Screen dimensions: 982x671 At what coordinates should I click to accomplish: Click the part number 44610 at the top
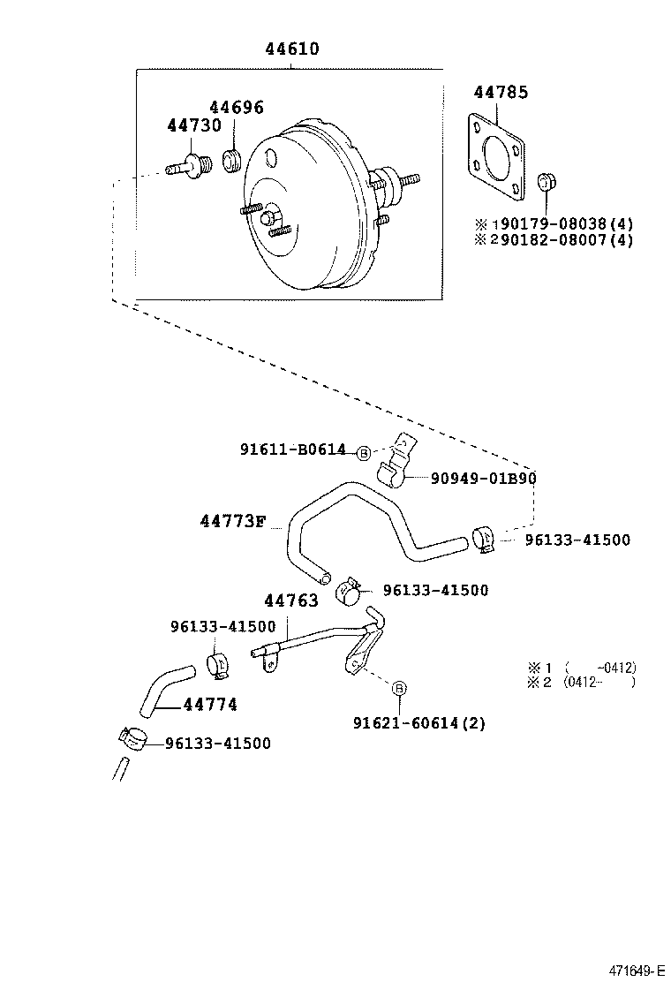click(292, 49)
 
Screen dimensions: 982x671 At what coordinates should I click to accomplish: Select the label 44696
click(236, 109)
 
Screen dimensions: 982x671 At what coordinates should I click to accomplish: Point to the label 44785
click(501, 92)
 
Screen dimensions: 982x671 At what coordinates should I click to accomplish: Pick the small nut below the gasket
click(547, 182)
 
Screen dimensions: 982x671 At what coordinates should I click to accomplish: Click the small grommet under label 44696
click(233, 162)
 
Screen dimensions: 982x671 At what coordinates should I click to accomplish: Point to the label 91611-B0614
click(292, 450)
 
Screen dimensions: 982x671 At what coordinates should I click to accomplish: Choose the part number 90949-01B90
click(484, 479)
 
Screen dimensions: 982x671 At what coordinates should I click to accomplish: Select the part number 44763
click(291, 601)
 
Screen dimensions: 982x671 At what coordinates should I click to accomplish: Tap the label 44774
click(210, 705)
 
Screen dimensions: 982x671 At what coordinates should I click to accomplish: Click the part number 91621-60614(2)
click(418, 723)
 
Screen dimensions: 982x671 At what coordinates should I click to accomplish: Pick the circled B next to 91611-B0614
click(363, 453)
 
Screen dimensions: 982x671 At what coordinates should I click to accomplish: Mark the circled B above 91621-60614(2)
click(399, 688)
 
